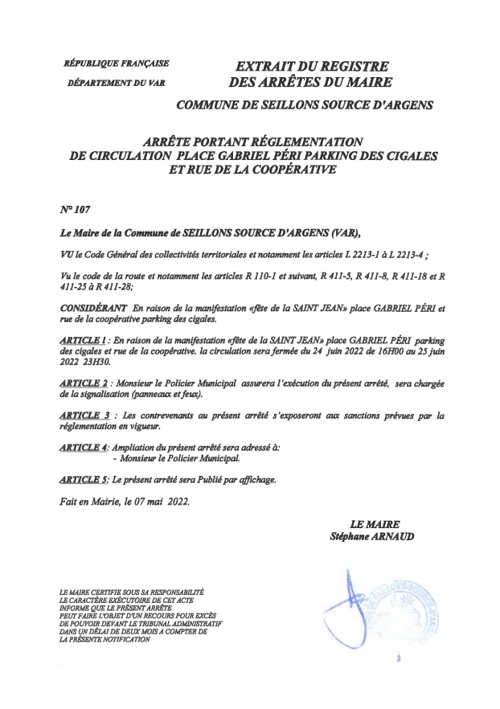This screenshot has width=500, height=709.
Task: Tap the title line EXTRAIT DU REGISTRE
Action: click(x=309, y=65)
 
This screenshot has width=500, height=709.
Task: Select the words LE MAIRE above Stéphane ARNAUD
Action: click(x=375, y=524)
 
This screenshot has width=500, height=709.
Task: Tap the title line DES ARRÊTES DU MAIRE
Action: click(x=310, y=82)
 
